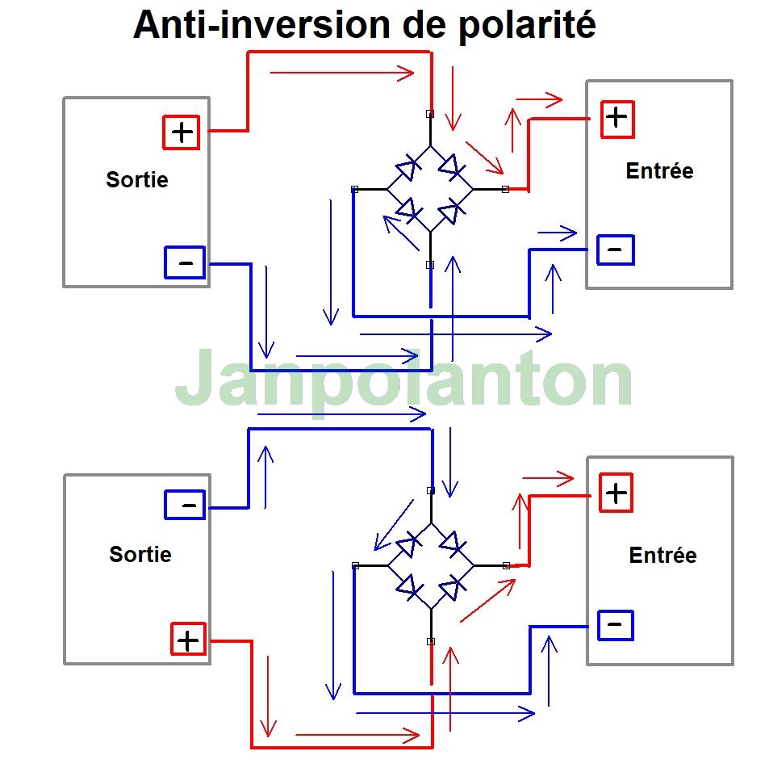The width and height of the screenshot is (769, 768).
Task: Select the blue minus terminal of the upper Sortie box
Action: pos(185,262)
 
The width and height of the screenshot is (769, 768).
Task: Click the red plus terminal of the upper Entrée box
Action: pos(616,119)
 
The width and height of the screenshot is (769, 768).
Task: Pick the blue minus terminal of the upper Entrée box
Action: pos(615,250)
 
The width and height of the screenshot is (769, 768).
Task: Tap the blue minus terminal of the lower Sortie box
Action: pos(185,506)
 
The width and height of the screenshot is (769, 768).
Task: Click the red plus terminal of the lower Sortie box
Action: pos(187,640)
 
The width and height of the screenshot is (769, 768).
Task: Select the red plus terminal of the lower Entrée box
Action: pos(616,493)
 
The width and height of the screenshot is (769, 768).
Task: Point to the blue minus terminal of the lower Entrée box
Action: pos(615,624)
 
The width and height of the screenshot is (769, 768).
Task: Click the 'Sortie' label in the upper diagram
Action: pos(137,179)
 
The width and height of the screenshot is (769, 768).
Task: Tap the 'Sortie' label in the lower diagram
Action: pos(140,555)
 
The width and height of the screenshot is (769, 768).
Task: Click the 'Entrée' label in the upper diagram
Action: pos(659,171)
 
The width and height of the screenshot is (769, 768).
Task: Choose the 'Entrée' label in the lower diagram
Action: pos(662,556)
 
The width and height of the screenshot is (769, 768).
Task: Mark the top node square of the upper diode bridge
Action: pos(430,114)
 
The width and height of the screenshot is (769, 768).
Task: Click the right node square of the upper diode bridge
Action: pos(505,189)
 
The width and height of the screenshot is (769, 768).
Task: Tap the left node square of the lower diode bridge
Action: pos(355,565)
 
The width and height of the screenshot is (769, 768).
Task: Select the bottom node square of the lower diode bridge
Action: pos(431,641)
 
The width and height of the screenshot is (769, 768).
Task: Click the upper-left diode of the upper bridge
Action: pos(407,170)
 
